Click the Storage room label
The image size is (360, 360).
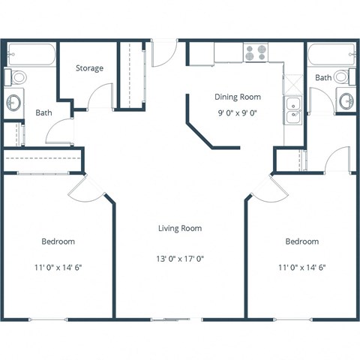[x=89, y=68]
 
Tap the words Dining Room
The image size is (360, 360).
[x=237, y=97]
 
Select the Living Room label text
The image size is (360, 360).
[x=179, y=228]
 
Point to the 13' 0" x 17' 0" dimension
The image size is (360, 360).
[x=179, y=259]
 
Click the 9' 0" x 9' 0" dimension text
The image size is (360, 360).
[x=237, y=114]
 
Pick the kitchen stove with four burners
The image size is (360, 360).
[x=256, y=52]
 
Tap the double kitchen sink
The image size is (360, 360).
[x=292, y=110]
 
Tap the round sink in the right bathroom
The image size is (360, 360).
[x=345, y=100]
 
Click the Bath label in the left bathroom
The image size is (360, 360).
[x=43, y=113]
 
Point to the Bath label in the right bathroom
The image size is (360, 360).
[x=323, y=78]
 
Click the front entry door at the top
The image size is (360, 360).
[x=163, y=52]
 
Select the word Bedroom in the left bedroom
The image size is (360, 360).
[x=58, y=241]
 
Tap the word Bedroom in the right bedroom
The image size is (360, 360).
[x=301, y=241]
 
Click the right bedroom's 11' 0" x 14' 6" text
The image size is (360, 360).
[x=301, y=265]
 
